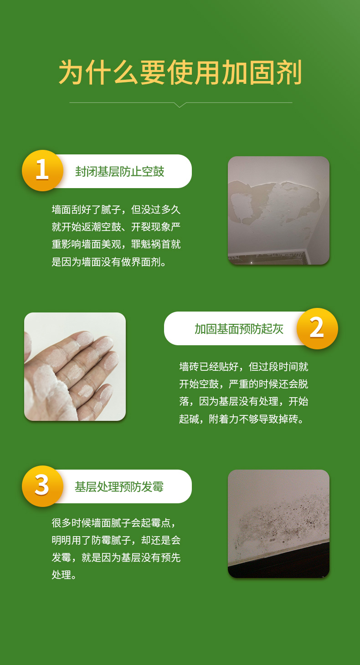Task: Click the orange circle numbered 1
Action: click(x=42, y=170)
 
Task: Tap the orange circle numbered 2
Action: click(x=317, y=328)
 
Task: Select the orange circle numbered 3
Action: click(x=42, y=486)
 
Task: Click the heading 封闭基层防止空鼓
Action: click(x=120, y=172)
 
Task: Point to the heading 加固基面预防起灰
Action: click(x=239, y=329)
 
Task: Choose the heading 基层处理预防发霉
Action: click(x=119, y=487)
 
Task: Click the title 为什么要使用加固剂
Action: click(x=180, y=72)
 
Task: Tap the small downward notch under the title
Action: click(x=180, y=105)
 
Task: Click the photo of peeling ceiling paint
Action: click(x=278, y=210)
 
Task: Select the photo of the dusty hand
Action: click(x=75, y=366)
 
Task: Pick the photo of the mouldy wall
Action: click(x=278, y=523)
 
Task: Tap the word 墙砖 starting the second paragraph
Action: click(x=189, y=367)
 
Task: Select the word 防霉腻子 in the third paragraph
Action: click(x=111, y=540)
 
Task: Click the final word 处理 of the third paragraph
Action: click(x=62, y=575)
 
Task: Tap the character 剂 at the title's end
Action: click(x=289, y=72)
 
